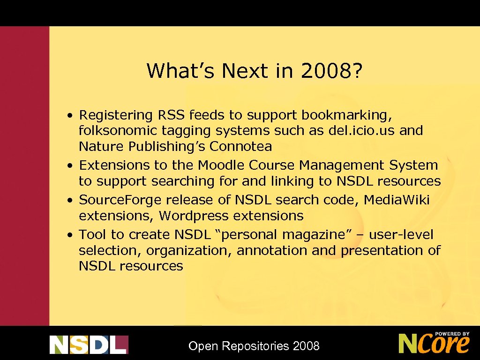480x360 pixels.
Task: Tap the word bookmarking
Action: pos(346,115)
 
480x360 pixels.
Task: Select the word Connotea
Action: pos(240,146)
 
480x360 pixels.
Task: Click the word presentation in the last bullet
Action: pos(382,251)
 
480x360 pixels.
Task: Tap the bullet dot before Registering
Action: pos(69,115)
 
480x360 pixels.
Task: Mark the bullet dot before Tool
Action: pos(69,234)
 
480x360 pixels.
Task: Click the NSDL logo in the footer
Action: pos(89,345)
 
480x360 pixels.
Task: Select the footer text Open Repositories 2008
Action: pos(254,346)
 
